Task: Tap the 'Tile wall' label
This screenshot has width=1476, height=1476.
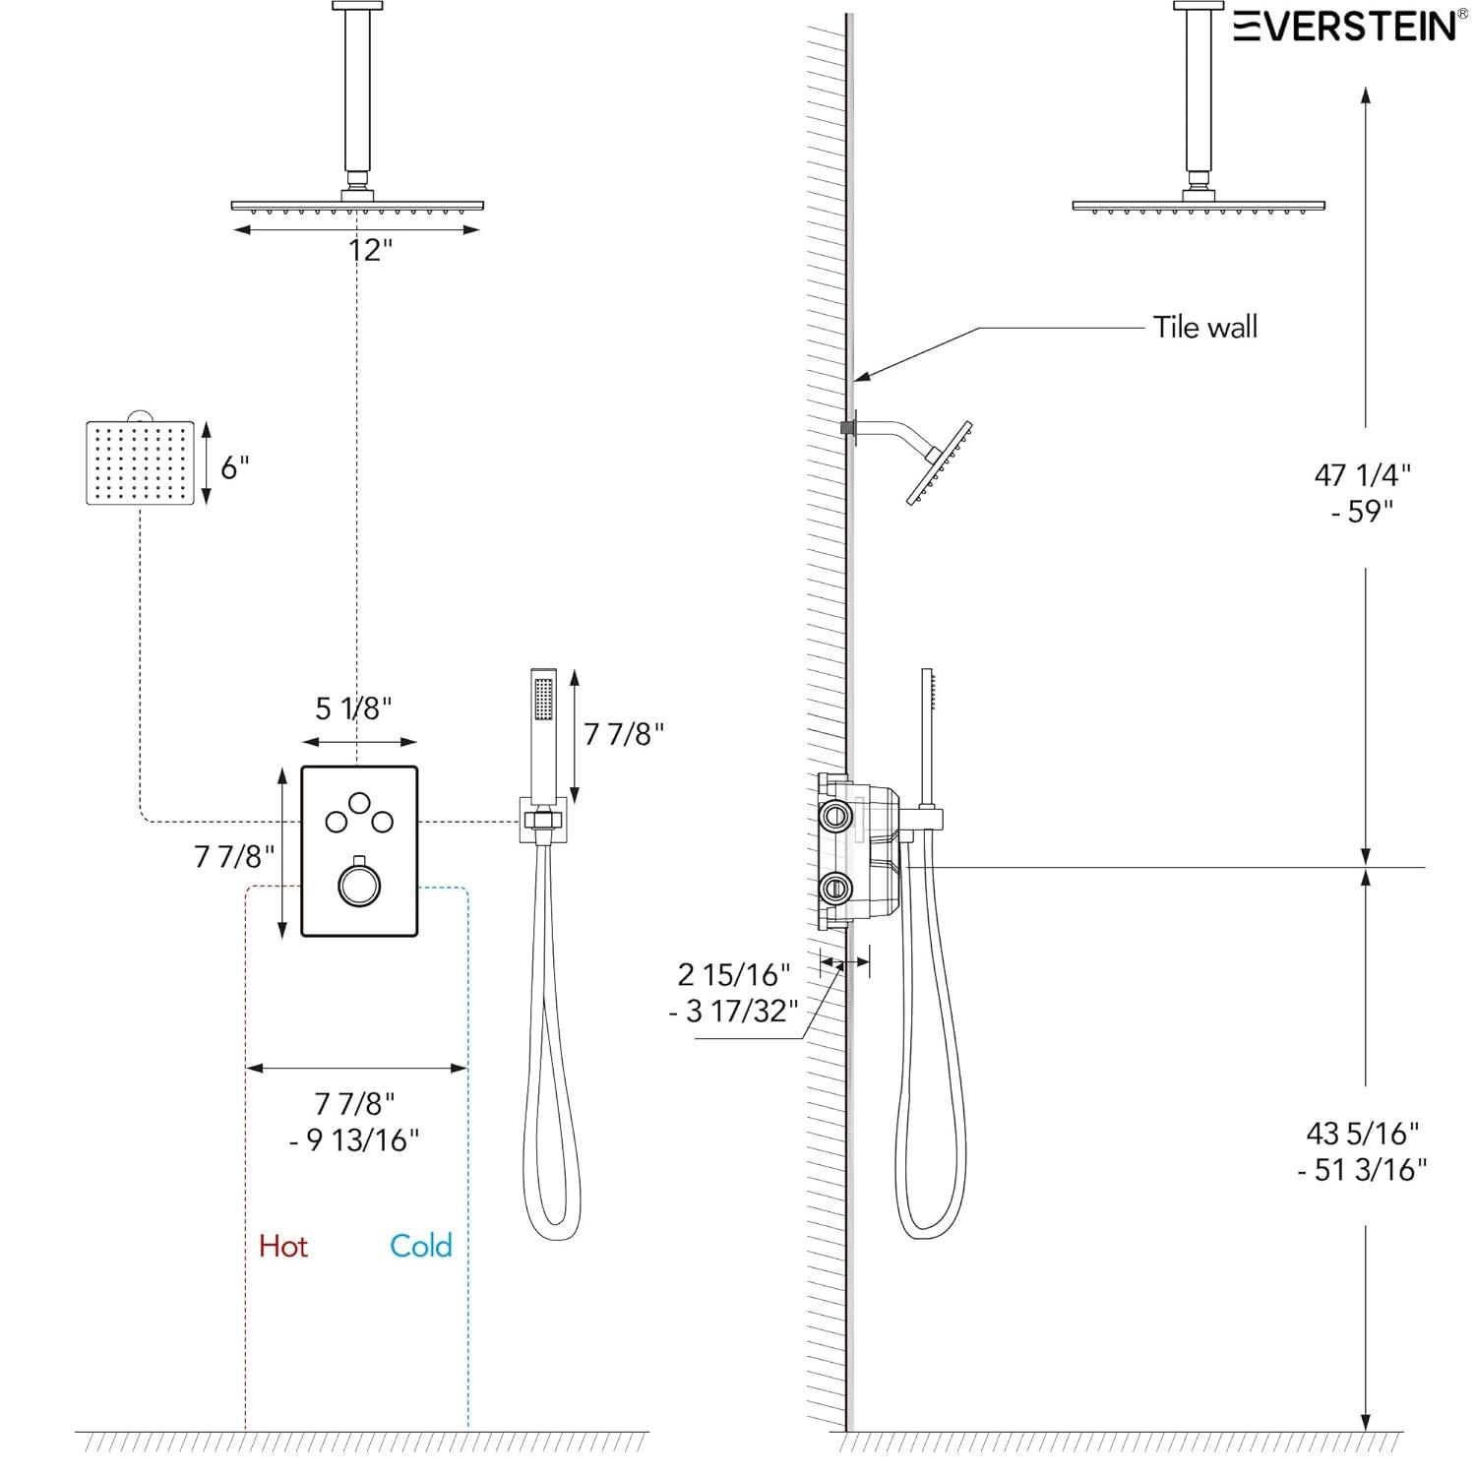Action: click(1204, 327)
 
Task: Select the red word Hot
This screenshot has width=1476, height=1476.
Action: click(283, 1246)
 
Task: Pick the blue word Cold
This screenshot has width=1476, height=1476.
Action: click(421, 1246)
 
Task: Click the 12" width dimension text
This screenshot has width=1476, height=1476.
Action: click(369, 250)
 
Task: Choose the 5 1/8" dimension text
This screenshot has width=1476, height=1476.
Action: click(353, 707)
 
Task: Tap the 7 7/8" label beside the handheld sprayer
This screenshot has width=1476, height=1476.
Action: click(624, 733)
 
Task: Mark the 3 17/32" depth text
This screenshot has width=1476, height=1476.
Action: click(733, 1011)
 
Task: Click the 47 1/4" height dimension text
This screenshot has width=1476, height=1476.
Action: click(1363, 474)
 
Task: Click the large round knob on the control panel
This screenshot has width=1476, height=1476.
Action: click(359, 884)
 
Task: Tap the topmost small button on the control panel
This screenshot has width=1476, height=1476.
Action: click(359, 801)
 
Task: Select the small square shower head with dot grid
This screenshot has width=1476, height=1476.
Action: click(140, 462)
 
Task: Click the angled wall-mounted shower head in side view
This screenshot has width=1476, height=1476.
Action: click(939, 464)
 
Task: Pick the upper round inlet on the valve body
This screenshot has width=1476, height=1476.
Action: click(835, 814)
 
